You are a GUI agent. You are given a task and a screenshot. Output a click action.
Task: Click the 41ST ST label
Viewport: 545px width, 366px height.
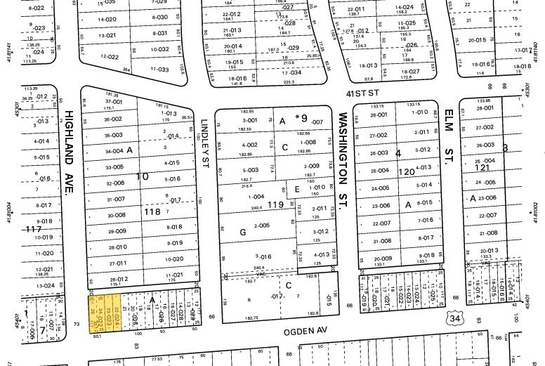click(362, 92)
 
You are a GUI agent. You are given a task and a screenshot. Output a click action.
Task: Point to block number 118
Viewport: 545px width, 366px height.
click(152, 211)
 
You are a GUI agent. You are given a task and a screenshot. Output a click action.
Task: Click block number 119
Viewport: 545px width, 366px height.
click(275, 204)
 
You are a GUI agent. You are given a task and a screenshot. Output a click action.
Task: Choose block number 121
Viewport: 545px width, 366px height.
click(482, 168)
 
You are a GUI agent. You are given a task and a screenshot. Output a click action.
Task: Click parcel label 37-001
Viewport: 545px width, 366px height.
click(114, 102)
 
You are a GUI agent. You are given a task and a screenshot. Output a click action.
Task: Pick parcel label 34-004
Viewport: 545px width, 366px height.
click(114, 151)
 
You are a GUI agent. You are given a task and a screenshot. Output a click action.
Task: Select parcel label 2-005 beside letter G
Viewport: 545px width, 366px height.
click(261, 226)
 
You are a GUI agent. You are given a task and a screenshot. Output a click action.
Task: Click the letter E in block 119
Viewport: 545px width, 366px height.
click(297, 189)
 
